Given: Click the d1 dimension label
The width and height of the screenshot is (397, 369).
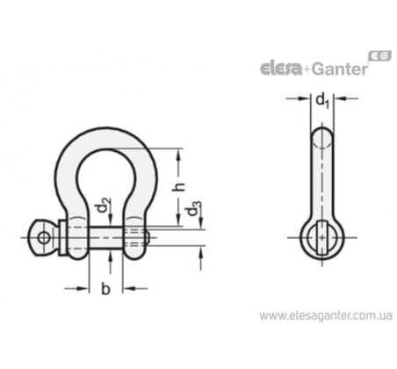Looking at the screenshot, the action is pyautogui.click(x=322, y=100).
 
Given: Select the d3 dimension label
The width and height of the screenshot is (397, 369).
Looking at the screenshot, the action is pyautogui.click(x=194, y=208).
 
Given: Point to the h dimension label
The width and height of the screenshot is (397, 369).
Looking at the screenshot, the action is pyautogui.click(x=179, y=187).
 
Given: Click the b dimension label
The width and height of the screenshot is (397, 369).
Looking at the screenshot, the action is pyautogui.click(x=105, y=289).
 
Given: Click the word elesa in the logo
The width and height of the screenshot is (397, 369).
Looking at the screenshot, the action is pyautogui.click(x=281, y=69).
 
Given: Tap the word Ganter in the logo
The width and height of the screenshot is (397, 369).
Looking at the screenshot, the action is pyautogui.click(x=339, y=69).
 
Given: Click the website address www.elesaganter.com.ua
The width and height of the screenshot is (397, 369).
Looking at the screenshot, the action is pyautogui.click(x=326, y=315).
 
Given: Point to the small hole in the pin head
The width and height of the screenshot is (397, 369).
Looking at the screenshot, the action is pyautogui.click(x=44, y=237).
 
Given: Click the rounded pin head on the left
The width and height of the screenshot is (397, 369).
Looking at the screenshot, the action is pyautogui.click(x=43, y=237).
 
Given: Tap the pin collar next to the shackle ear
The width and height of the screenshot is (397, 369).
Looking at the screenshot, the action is pyautogui.click(x=62, y=237).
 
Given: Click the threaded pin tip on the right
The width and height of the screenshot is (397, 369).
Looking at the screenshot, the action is pyautogui.click(x=148, y=237).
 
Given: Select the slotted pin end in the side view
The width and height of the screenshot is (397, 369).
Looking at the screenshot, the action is pyautogui.click(x=321, y=237).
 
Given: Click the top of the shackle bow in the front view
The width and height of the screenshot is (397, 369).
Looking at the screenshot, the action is pyautogui.click(x=106, y=138).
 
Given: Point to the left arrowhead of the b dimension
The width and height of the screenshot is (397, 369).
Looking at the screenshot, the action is pyautogui.click(x=84, y=289).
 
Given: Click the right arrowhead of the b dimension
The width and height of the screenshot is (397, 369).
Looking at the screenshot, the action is pyautogui.click(x=127, y=289).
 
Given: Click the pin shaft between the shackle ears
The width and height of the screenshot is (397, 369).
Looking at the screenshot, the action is pyautogui.click(x=106, y=237).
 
